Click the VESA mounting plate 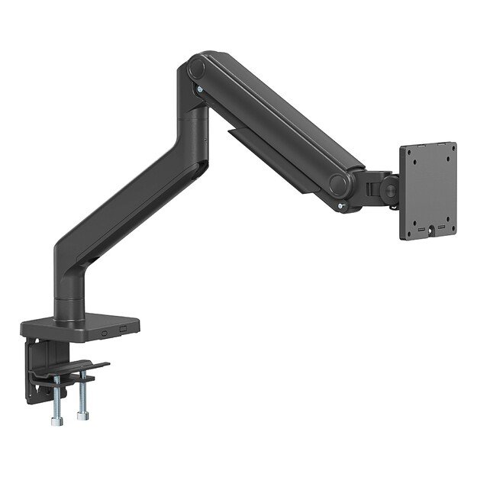coord(427,191)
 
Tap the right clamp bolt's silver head coord(80,416)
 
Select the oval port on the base coord(103,331)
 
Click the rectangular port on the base coord(123,329)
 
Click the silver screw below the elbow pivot coord(200,90)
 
